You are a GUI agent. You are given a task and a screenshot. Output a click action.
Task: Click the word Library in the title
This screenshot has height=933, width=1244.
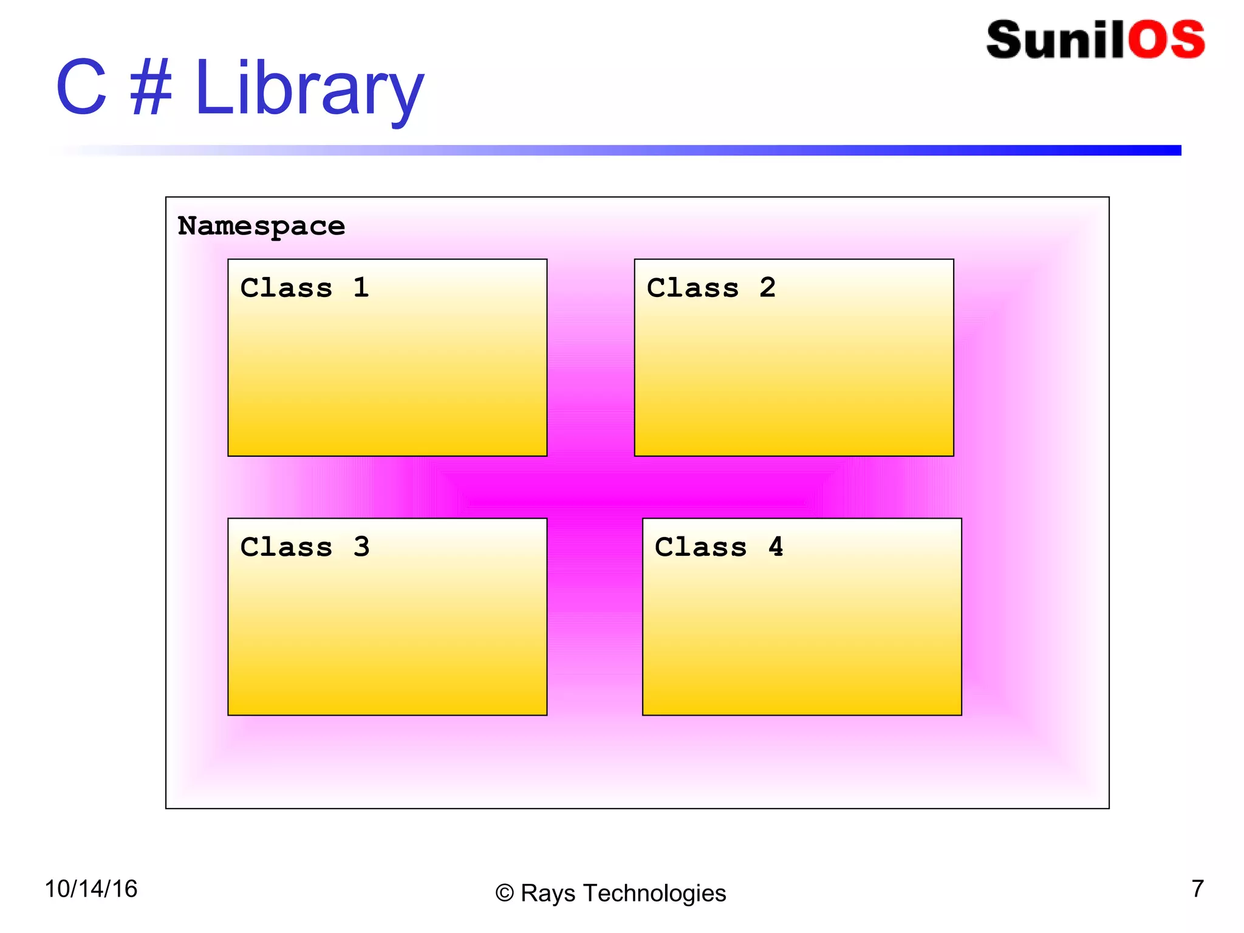(x=309, y=89)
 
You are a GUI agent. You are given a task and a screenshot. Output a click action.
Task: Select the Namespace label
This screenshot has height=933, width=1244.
(x=261, y=227)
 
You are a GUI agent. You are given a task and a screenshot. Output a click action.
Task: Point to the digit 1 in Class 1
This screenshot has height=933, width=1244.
(x=361, y=287)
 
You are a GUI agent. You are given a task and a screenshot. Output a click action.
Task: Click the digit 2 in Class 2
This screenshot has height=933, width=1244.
(x=767, y=287)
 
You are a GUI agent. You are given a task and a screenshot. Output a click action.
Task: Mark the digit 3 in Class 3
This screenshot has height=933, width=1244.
(x=361, y=547)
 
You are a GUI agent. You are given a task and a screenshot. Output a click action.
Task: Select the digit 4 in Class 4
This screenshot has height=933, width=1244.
(x=776, y=547)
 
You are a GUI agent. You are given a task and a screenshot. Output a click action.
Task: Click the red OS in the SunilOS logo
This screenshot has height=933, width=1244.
(x=1166, y=40)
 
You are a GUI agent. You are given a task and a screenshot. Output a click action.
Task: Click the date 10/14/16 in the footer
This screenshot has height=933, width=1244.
(x=91, y=889)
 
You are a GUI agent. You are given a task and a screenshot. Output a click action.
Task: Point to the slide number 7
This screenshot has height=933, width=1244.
(x=1197, y=889)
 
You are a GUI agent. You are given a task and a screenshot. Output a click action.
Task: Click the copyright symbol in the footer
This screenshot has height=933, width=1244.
(x=504, y=894)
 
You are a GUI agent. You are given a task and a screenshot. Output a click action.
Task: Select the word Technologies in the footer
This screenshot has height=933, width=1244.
(x=654, y=894)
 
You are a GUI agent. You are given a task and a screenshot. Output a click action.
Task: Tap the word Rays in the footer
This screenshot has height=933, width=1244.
(x=547, y=894)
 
